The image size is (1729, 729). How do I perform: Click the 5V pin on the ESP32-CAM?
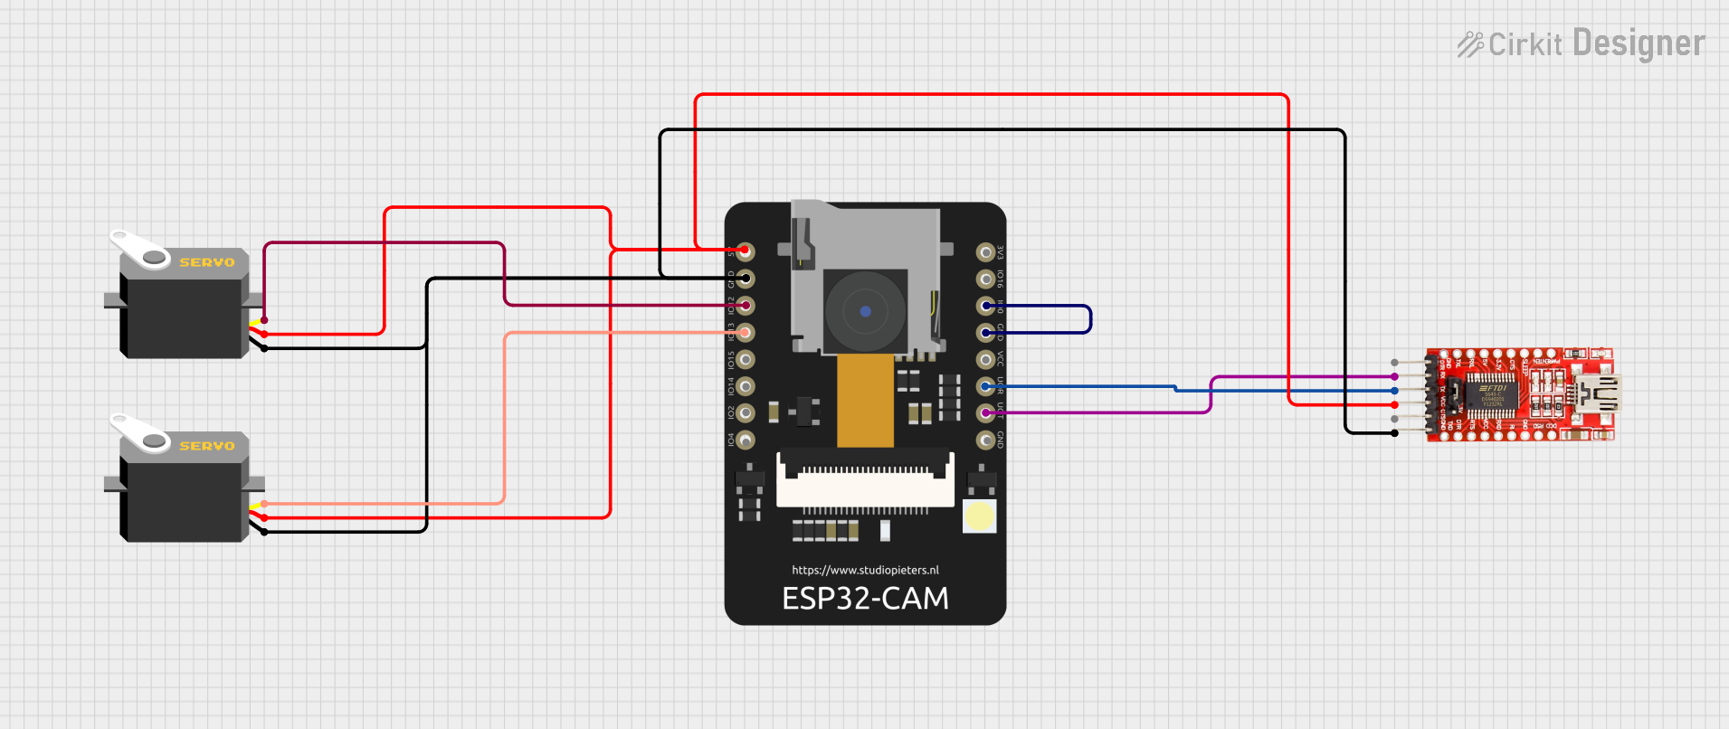point(745,251)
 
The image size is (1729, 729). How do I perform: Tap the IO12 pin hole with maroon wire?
point(745,306)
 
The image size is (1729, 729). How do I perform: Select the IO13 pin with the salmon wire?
point(745,333)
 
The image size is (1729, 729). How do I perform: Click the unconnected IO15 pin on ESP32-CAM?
point(745,359)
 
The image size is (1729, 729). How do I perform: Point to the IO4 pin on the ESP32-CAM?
point(745,440)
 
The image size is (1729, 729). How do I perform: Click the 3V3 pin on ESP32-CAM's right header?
point(985,251)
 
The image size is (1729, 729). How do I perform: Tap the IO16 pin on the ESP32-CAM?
point(985,279)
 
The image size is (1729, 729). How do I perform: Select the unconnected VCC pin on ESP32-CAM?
point(985,360)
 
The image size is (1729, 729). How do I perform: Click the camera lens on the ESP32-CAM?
point(865,311)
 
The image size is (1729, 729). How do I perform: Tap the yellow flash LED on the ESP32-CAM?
point(979,516)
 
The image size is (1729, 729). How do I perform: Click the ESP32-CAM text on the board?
point(865,599)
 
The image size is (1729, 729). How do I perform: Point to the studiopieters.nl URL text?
point(865,570)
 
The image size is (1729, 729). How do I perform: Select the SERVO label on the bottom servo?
point(206,446)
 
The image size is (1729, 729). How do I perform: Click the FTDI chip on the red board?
point(1492,394)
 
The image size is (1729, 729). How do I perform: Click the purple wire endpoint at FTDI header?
point(1394,376)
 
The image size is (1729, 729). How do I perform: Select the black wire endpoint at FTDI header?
point(1394,433)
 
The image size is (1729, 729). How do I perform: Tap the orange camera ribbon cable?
point(865,400)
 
